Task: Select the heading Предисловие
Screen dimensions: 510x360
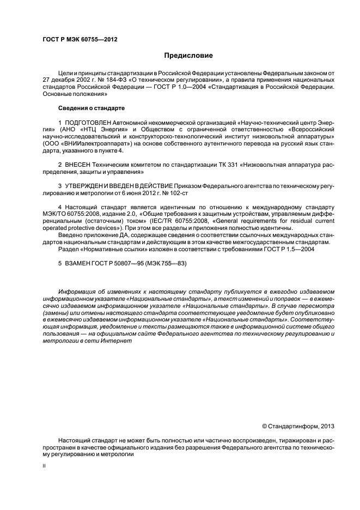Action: tap(188, 56)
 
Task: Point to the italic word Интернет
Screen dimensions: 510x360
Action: tap(117, 341)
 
